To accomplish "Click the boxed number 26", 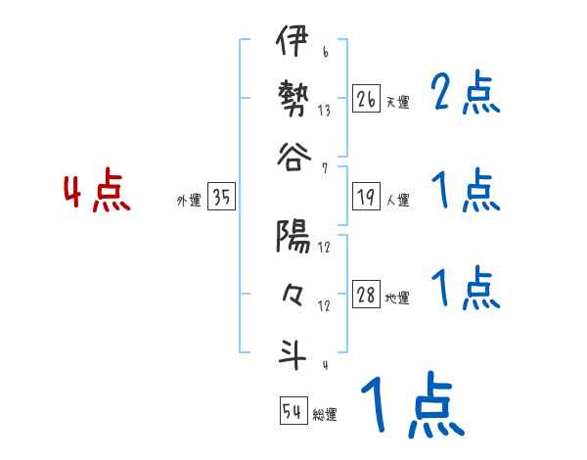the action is (366, 99).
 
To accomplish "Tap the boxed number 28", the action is (366, 296).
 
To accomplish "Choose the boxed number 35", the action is (221, 198).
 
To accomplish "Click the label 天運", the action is (397, 102).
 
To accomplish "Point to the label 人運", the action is (397, 201).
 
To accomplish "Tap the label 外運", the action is (189, 201).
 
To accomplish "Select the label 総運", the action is (325, 414).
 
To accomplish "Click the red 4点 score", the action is (96, 193).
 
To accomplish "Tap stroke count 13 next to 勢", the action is (324, 111).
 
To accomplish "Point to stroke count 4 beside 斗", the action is (324, 366).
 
